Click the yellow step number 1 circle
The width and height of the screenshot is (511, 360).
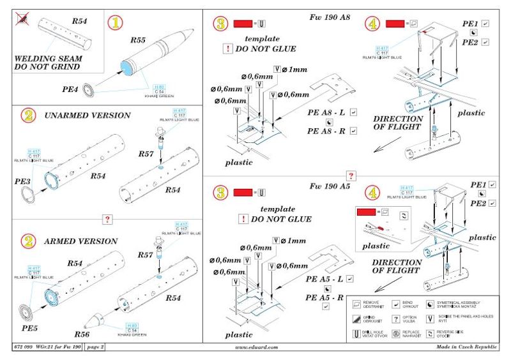(x=116, y=24)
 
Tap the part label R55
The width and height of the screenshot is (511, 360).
(x=138, y=40)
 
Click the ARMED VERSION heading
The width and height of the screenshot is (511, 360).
(x=80, y=241)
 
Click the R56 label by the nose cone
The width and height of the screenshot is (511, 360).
(x=83, y=334)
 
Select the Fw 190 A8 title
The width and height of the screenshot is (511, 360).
(x=328, y=19)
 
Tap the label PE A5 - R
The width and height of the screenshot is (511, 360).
(x=325, y=297)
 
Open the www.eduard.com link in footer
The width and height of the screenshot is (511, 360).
(x=257, y=348)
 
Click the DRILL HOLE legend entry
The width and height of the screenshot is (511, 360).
(x=375, y=333)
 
